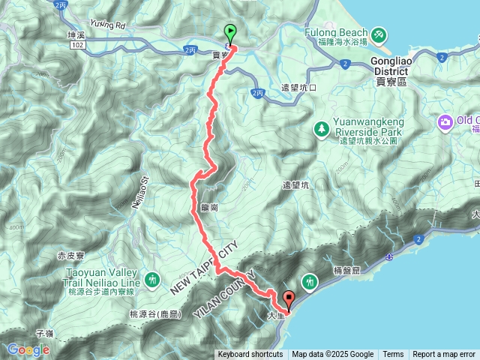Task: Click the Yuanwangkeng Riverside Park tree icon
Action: [x=322, y=128]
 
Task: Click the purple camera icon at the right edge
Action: [x=445, y=121]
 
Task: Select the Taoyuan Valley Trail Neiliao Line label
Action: [x=100, y=277]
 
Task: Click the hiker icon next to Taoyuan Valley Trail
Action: [x=153, y=279]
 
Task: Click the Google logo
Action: [x=28, y=349]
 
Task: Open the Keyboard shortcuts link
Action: [x=250, y=355]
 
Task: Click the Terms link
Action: [x=393, y=355]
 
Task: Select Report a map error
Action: [x=444, y=355]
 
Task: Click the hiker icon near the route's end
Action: [x=310, y=282]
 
